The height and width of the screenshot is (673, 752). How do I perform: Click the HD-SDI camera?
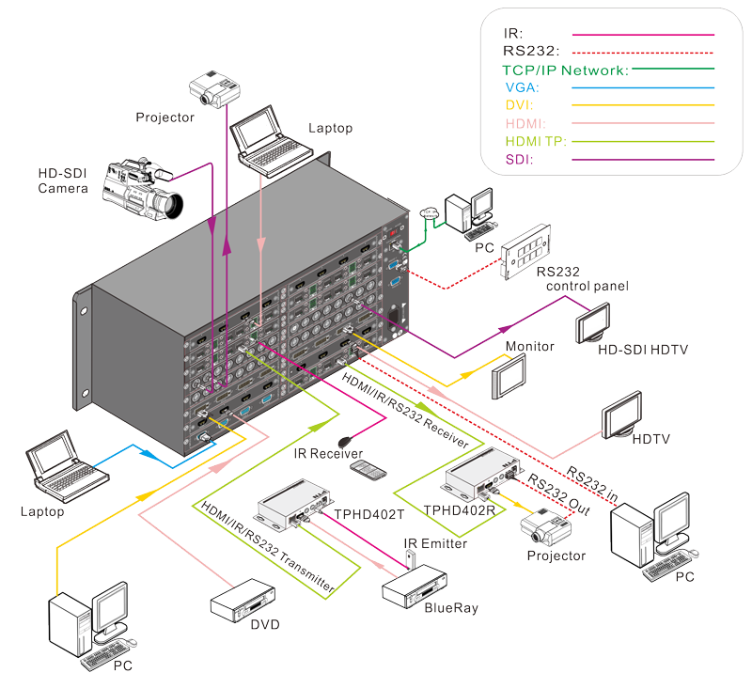point(143,189)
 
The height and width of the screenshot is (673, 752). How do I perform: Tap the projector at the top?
point(214,89)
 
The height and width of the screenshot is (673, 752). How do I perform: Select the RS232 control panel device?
point(525,251)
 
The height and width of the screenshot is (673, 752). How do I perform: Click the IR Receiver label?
point(328,453)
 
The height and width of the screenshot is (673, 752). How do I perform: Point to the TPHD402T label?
point(368,514)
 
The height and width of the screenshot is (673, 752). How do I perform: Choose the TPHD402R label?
point(459,510)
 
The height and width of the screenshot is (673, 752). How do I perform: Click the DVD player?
point(243,601)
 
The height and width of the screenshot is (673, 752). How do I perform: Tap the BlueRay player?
point(415,587)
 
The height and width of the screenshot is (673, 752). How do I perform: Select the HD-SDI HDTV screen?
point(593,322)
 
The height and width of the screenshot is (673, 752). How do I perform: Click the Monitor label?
point(529,346)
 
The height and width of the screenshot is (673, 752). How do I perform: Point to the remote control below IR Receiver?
point(368,470)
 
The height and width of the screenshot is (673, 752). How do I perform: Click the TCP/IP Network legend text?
point(566,70)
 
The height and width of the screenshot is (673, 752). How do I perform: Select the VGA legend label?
point(523,87)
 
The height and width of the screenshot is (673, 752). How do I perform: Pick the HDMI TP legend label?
point(536,142)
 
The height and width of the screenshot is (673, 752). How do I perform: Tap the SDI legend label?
point(520,159)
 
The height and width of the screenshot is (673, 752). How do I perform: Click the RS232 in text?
point(592,483)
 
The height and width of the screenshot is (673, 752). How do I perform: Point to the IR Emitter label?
point(435,543)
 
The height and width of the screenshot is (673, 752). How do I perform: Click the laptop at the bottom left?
point(67,466)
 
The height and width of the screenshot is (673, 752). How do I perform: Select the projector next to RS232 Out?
point(546,526)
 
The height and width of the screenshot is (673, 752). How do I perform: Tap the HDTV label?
point(650,439)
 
